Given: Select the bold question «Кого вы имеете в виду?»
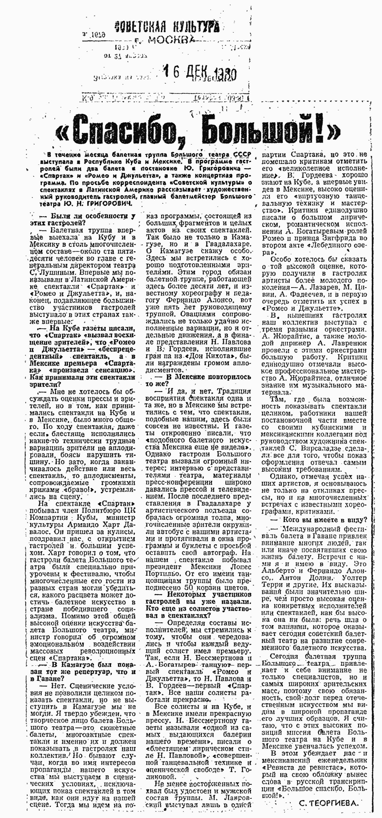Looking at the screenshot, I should [x=325, y=520].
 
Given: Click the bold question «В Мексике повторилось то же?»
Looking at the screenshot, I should [x=198, y=380].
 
